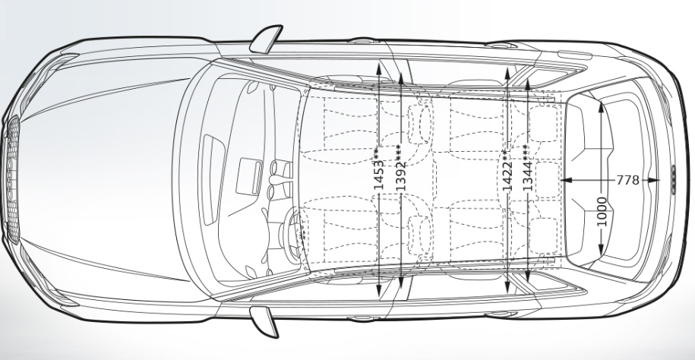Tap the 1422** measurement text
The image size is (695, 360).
click(506, 166)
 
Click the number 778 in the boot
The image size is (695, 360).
click(627, 180)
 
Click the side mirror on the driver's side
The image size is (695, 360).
click(264, 319)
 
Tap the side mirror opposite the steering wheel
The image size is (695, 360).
click(265, 39)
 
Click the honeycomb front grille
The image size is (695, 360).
click(11, 180)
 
